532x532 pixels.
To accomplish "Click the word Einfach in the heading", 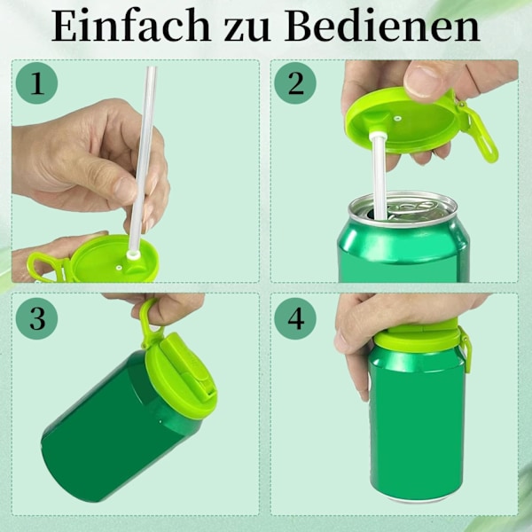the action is click(131, 26).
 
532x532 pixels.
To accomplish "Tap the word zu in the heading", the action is click(247, 30).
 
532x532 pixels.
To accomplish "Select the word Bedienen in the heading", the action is click(382, 26).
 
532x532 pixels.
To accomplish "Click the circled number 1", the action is click(36, 82).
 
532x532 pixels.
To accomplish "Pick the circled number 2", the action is click(295, 82).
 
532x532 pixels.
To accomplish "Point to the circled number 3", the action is click(36, 318).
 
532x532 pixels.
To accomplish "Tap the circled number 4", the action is click(295, 318).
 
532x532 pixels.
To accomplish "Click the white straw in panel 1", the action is click(143, 160).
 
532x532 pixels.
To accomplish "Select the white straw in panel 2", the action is click(379, 176).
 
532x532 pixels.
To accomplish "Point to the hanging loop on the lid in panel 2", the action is click(481, 136).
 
